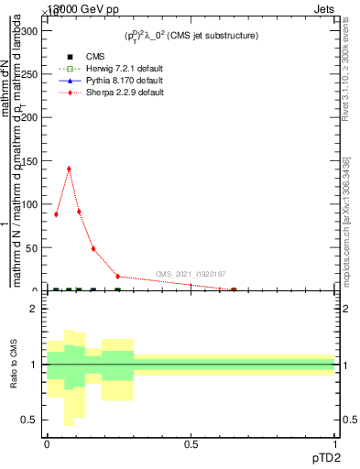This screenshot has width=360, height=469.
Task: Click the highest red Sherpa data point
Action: point(69,169)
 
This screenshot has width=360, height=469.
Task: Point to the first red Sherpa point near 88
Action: point(56,214)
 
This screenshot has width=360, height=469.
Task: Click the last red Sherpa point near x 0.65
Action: point(234,289)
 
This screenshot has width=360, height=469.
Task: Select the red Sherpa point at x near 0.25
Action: point(117,276)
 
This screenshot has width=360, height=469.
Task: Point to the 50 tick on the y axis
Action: point(31,248)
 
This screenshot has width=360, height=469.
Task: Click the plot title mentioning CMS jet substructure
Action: point(191,35)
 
